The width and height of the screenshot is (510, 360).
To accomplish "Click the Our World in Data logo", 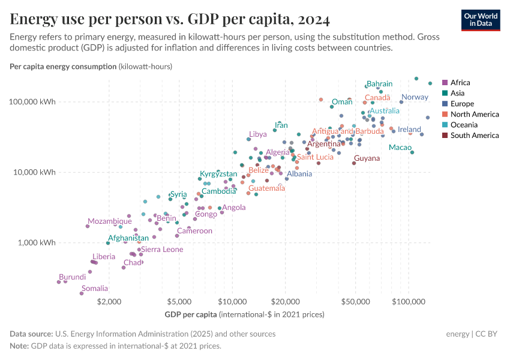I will (x=481, y=20).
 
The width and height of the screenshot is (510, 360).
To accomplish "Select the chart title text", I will (x=170, y=20).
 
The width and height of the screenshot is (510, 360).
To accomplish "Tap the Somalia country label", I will (x=95, y=289).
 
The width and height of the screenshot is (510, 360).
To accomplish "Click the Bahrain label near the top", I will (x=379, y=84).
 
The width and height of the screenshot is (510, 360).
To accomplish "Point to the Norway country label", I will (x=415, y=97).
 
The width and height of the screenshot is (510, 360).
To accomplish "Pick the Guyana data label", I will (x=367, y=158).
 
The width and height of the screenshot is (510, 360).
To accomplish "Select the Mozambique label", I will (x=109, y=221).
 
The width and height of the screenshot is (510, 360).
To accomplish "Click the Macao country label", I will (x=400, y=148).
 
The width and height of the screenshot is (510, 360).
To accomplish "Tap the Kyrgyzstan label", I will (x=218, y=174).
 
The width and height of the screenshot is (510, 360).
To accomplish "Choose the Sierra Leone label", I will (x=162, y=250).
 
